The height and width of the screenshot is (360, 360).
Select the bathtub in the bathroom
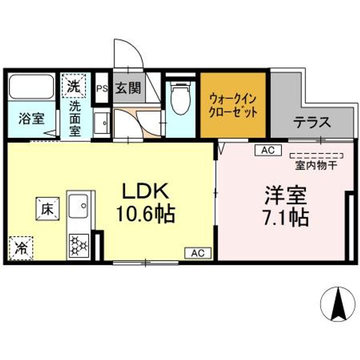coord(31,87)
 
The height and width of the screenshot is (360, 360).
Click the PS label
coord(101,89)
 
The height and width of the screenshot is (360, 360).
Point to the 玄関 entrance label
coord(128,88)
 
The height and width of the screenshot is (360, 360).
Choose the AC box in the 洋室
coord(265,149)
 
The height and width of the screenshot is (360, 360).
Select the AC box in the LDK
coord(198,253)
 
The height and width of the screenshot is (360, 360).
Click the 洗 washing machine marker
coord(73,85)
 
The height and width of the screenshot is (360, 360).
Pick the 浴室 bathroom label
coord(31,119)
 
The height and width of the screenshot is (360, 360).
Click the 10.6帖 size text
coord(145,215)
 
